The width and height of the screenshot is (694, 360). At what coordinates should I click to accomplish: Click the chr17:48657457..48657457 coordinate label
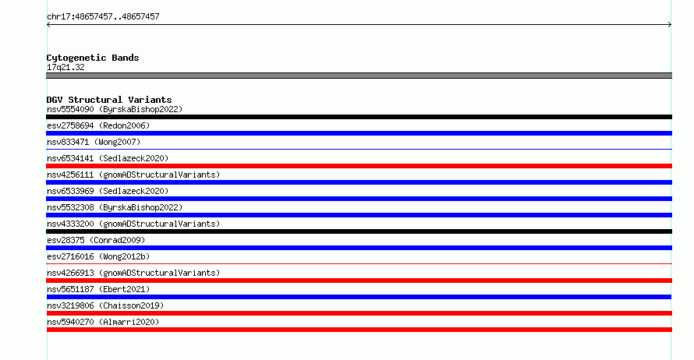coord(103,17)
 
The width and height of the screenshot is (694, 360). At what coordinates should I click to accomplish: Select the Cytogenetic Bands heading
coord(93,58)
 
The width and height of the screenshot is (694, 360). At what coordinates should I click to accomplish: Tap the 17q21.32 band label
coord(66,67)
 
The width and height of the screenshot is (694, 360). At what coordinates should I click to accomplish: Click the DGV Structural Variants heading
coord(109,100)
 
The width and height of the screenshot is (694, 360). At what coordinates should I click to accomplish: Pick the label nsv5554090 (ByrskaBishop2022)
coord(115,109)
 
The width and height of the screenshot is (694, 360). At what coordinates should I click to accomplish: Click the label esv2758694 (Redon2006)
coord(98,125)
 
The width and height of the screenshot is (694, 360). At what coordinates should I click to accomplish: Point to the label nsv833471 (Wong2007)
coord(94,142)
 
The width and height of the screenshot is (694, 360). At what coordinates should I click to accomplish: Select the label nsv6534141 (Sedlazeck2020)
coord(108,158)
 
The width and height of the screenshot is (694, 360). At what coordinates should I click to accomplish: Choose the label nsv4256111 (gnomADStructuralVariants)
coord(133,175)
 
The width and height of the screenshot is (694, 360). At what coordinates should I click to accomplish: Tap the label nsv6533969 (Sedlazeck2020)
coord(108,191)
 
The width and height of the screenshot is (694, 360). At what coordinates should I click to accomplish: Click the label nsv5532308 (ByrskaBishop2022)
coord(115,207)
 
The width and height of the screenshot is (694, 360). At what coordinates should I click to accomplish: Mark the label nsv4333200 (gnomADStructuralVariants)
coord(133,224)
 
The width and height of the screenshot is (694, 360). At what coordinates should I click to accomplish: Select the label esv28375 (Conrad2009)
coord(96,240)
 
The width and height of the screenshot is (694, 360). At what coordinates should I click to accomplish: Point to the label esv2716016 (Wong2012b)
coord(98,256)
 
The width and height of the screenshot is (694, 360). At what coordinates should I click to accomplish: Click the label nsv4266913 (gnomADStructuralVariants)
coord(133,273)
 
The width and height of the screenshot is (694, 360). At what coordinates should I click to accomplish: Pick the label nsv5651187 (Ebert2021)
coord(98,289)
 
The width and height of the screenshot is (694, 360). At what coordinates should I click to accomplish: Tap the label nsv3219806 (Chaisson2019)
coord(105,305)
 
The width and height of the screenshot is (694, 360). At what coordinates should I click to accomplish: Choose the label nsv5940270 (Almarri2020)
coord(103,322)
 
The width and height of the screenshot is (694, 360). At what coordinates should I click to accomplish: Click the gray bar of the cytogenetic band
coord(359,76)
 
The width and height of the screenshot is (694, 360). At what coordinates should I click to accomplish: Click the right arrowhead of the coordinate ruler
coord(671,25)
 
